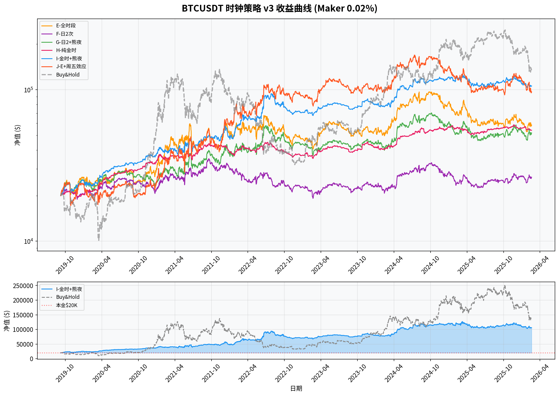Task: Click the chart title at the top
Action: click(x=279, y=9)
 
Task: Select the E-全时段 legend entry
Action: click(x=66, y=26)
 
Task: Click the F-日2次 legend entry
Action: click(x=64, y=34)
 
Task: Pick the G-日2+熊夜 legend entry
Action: click(x=69, y=42)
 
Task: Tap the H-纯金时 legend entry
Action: click(x=66, y=50)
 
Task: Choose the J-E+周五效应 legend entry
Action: click(x=71, y=67)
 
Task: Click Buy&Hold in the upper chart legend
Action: click(x=68, y=75)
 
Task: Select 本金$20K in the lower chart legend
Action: click(x=67, y=305)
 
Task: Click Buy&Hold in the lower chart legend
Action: click(x=68, y=297)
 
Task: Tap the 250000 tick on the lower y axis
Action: click(x=23, y=286)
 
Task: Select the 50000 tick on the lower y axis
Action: click(x=25, y=344)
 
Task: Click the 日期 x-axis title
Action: click(x=296, y=388)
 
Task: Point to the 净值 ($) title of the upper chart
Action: click(x=17, y=135)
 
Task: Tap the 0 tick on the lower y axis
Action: click(x=32, y=359)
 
